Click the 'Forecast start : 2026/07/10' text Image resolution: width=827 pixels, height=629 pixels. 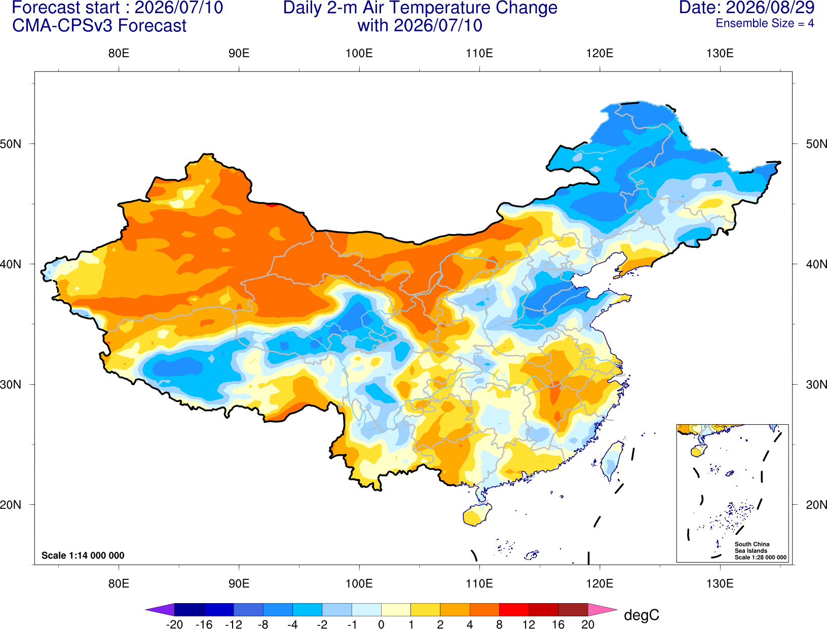pyautogui.click(x=118, y=8)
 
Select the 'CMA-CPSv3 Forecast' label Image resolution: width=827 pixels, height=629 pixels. pyautogui.click(x=99, y=26)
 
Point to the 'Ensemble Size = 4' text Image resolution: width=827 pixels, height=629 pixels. pyautogui.click(x=765, y=23)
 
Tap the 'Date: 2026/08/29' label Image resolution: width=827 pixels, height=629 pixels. pyautogui.click(x=747, y=8)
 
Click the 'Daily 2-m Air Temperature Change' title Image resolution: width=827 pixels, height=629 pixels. pyautogui.click(x=420, y=8)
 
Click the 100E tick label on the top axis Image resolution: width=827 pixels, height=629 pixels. pyautogui.click(x=359, y=53)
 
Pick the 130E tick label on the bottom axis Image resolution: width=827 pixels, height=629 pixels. pyautogui.click(x=720, y=584)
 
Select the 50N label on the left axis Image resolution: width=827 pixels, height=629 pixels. pyautogui.click(x=11, y=143)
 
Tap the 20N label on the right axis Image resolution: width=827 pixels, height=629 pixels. pyautogui.click(x=816, y=505)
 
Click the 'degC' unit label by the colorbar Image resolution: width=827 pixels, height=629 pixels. pyautogui.click(x=642, y=615)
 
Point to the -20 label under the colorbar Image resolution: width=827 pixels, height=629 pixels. pyautogui.click(x=174, y=624)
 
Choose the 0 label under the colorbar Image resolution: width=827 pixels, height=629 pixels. pyautogui.click(x=381, y=624)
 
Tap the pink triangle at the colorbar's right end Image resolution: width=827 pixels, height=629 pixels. pyautogui.click(x=603, y=609)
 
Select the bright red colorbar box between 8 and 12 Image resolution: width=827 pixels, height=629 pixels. pyautogui.click(x=514, y=609)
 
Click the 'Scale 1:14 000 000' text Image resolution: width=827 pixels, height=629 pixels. pyautogui.click(x=83, y=556)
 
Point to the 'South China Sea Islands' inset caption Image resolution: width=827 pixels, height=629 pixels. pyautogui.click(x=752, y=547)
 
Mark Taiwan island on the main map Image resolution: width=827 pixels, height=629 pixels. pyautogui.click(x=612, y=461)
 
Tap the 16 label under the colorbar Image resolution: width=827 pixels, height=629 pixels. pyautogui.click(x=558, y=624)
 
